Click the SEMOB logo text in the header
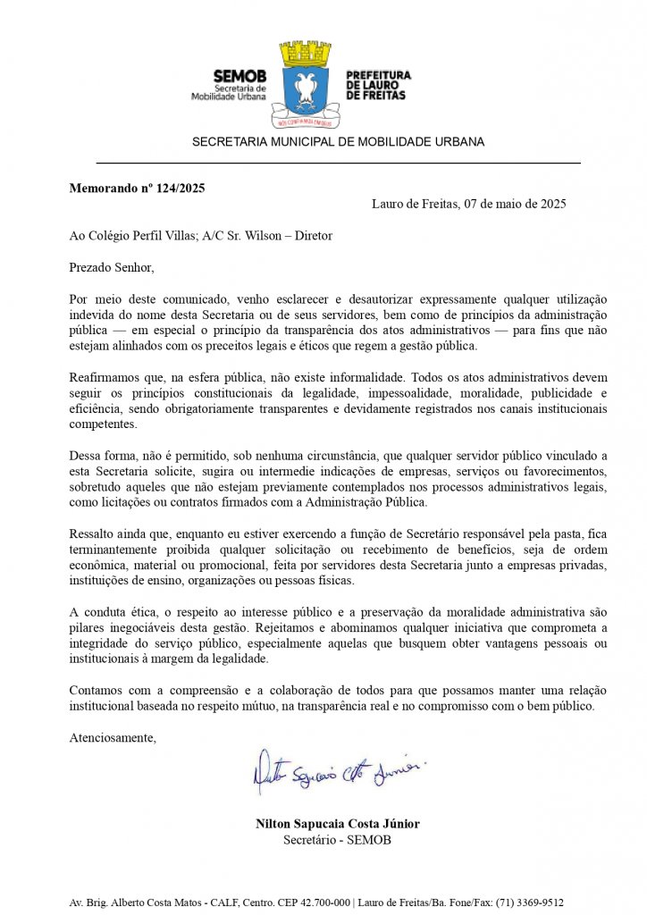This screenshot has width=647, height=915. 239,77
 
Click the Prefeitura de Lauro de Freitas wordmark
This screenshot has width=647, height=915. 377,85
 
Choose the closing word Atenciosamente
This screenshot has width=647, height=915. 113,738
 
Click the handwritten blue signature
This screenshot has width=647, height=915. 338,773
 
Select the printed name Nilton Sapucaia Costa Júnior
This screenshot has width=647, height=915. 338,824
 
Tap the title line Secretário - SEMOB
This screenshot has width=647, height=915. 338,840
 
